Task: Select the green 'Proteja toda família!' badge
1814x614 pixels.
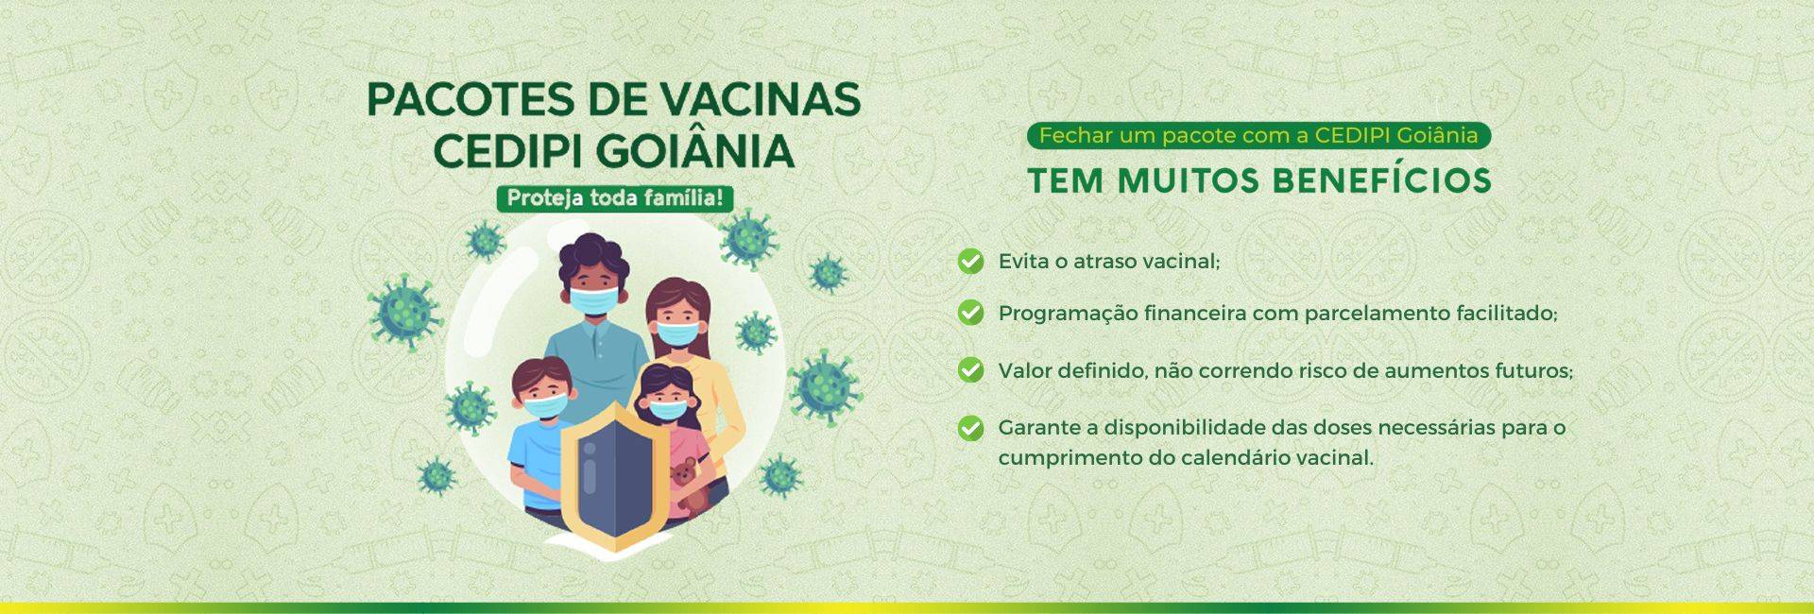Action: [614, 198]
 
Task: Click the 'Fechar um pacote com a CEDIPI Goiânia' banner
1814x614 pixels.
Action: [1258, 135]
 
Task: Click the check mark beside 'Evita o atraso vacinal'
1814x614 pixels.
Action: [970, 261]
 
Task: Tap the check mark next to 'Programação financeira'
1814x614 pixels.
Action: [970, 312]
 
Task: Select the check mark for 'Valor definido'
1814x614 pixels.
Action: [970, 369]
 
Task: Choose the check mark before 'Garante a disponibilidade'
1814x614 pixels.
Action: [970, 428]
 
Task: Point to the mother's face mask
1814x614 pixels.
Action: [679, 333]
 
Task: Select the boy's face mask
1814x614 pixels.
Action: [546, 406]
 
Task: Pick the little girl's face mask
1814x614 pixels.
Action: [668, 409]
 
